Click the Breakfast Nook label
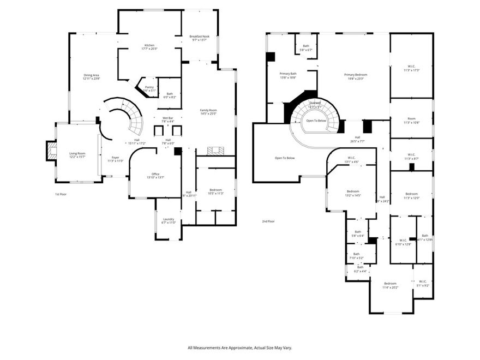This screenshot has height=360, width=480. coord(200,38)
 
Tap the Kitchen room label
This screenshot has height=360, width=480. coord(149,47)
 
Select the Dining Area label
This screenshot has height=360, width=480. coord(91,77)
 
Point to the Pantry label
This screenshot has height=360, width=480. coord(149,88)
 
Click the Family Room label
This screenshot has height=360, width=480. coord(208,112)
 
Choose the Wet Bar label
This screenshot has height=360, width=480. coord(167,119)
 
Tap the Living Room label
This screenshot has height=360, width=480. coord(76,155)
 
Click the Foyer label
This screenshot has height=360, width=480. coord(115,159)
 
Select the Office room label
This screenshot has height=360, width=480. coord(155,176)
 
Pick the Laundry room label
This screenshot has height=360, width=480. coord(168,220)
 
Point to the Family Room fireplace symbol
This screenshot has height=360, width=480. coord(215,150)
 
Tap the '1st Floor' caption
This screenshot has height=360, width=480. coord(61,194)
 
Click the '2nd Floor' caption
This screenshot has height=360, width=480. coord(268,221)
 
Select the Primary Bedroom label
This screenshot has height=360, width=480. coord(355,76)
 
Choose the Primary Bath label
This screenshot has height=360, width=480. coord(288,75)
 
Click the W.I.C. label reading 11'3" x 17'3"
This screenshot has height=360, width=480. coord(411,69)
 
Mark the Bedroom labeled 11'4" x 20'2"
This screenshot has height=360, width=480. coord(390,285)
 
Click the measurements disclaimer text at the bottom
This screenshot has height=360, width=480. coord(239,347)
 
